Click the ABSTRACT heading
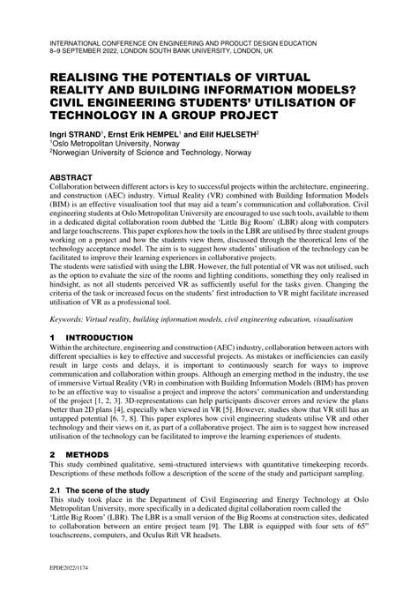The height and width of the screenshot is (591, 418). coord(78,177)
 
